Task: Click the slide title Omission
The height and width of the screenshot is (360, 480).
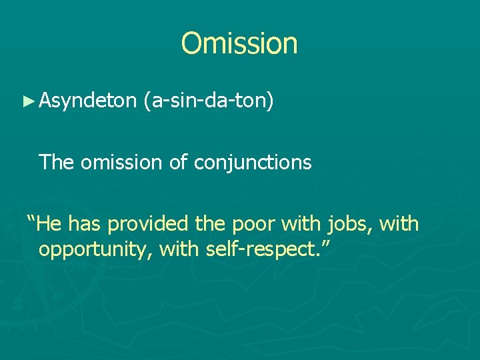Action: click(239, 43)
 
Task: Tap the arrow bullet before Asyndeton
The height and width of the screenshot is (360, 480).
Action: click(27, 101)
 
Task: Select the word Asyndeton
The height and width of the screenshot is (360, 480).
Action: click(87, 101)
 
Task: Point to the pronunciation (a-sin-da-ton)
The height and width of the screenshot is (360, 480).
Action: click(208, 101)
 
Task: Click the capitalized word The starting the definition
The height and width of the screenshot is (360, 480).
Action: click(57, 161)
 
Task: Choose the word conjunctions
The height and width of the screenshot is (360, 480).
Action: click(253, 161)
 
